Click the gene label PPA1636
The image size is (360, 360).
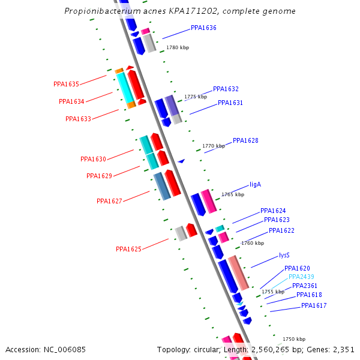point(203,28)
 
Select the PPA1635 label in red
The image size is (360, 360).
point(66,84)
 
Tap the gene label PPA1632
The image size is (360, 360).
point(226,89)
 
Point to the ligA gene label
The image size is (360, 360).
point(255,185)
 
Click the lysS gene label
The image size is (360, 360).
point(284,255)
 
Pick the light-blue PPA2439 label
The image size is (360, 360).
point(301,277)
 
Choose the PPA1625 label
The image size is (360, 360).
point(128,249)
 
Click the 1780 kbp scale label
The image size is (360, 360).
point(178,47)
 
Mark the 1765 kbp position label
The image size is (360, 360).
point(233,194)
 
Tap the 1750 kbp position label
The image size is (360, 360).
point(294,339)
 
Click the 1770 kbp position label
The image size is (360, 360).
point(214,146)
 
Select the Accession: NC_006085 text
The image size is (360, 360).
point(37,349)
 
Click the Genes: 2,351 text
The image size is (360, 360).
point(334,349)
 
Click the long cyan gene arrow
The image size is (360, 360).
point(125,88)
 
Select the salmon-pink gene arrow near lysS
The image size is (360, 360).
point(238,272)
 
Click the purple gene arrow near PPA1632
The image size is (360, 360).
point(172,106)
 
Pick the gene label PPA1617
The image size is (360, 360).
point(314,306)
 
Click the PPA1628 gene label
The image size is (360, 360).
point(245,141)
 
